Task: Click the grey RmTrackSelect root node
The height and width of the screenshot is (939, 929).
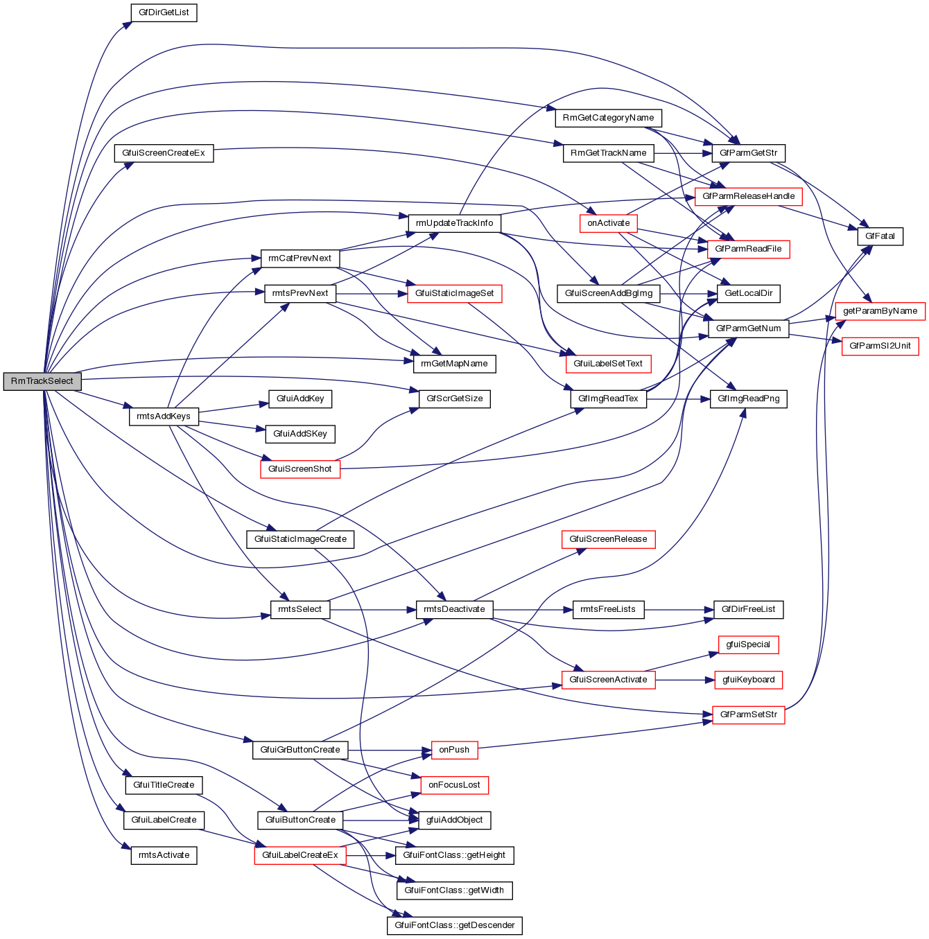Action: pos(42,381)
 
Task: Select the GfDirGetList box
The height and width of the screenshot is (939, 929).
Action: pos(164,12)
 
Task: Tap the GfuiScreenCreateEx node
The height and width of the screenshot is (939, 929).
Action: pos(164,153)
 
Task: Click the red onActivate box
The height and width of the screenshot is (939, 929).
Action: pos(609,223)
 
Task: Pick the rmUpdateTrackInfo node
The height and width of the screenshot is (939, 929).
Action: pos(454,223)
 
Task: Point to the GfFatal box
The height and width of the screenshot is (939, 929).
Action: pos(880,236)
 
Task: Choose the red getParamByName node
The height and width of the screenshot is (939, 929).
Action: pos(880,311)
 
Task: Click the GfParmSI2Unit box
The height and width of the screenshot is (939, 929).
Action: pos(880,346)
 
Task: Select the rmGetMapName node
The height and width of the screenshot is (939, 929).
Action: pos(454,364)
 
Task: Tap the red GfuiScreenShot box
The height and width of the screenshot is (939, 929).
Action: pos(300,469)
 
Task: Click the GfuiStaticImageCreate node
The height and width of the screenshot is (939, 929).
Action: pos(300,539)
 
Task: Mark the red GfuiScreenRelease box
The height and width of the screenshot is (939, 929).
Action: pos(608,539)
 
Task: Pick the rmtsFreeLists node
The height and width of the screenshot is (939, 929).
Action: pos(608,609)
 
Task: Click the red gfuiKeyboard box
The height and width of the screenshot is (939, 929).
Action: pos(748,680)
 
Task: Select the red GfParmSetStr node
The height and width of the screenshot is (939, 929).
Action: pos(748,714)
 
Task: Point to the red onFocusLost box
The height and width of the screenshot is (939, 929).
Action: pos(454,785)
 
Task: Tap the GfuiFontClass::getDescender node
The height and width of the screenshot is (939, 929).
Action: pos(454,925)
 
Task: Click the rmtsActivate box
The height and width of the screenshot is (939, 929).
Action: pos(164,855)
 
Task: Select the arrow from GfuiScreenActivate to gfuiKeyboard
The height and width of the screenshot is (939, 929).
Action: pos(684,680)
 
